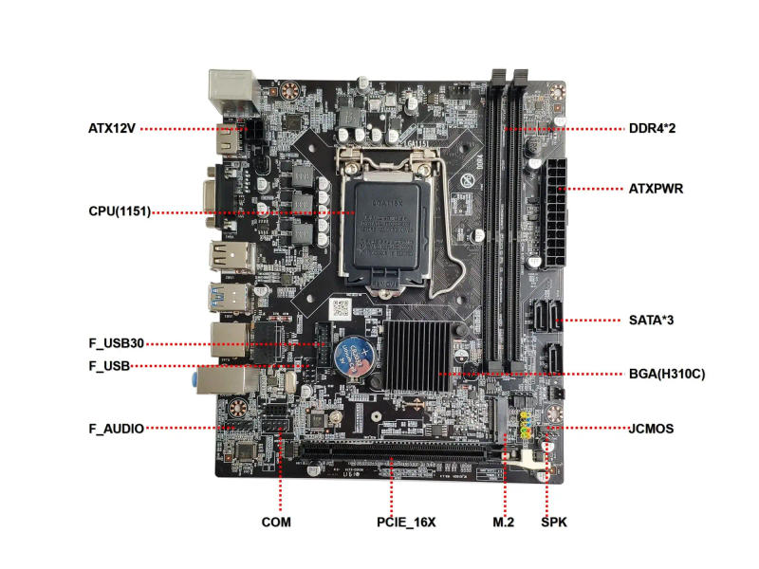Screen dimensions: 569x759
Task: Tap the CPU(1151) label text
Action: (x=113, y=211)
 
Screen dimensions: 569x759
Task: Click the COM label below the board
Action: (x=276, y=522)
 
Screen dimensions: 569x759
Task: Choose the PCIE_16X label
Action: (x=405, y=522)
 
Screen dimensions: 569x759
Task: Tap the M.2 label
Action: (x=503, y=522)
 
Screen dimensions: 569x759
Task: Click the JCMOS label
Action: (x=651, y=429)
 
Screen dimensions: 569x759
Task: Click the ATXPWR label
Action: (x=656, y=189)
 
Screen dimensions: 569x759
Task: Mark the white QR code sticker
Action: (x=342, y=308)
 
